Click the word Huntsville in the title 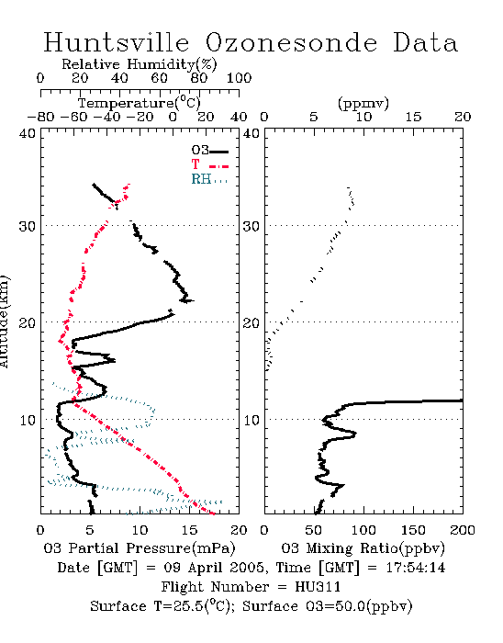(117, 42)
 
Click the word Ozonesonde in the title (290, 42)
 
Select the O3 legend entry (209, 151)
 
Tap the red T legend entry (209, 164)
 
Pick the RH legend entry (209, 179)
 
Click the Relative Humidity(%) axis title (139, 64)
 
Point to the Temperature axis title (139, 103)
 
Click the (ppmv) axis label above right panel (363, 103)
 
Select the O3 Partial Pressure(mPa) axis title (140, 548)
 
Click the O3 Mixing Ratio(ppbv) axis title (363, 548)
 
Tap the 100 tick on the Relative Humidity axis (239, 78)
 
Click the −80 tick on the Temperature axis (40, 117)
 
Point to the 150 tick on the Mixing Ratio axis (413, 530)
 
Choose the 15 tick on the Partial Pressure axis (189, 530)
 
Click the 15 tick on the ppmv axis (413, 117)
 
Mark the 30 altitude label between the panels (251, 226)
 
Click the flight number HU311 (318, 587)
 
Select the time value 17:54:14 (416, 568)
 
